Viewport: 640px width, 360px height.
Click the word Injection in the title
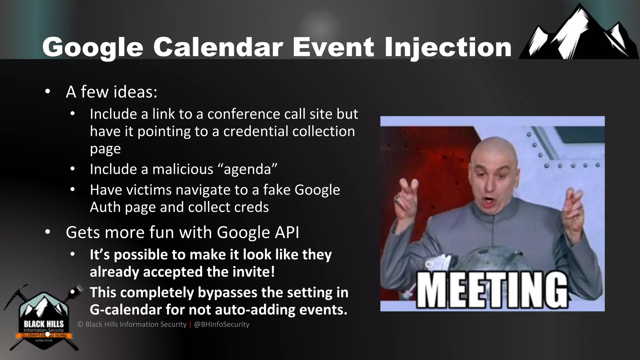point(447,47)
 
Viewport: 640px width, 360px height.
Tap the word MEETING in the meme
point(492,290)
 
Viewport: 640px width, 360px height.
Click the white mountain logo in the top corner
point(578,34)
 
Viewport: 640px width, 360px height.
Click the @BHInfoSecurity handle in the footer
point(222,324)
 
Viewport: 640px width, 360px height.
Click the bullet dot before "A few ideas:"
point(47,92)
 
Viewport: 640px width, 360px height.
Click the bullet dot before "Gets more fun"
point(47,232)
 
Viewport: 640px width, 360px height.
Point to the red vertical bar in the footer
point(190,324)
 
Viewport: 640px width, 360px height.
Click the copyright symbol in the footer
point(80,324)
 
